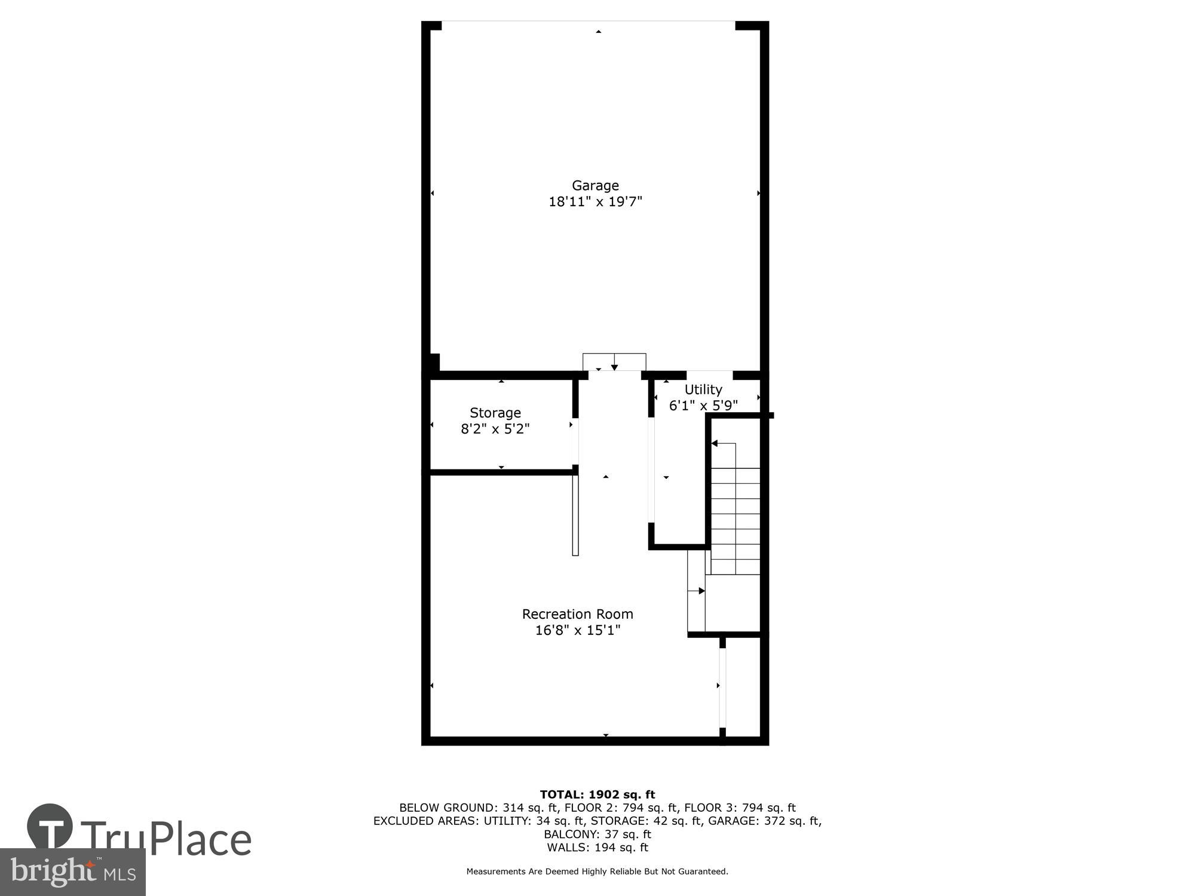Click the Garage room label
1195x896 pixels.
pos(595,186)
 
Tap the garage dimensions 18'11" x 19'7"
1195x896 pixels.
pos(595,202)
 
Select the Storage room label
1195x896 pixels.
pos(495,413)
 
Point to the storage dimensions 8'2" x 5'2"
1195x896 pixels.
pos(495,429)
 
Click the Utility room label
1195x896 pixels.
pos(703,389)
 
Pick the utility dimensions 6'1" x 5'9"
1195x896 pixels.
pos(703,406)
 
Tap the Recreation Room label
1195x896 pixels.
pos(577,614)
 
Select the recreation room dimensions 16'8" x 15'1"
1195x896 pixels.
pos(577,630)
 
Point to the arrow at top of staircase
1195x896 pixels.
pos(715,443)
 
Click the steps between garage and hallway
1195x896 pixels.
pos(614,362)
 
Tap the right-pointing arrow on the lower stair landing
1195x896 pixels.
pos(701,591)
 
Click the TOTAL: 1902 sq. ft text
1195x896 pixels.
pos(597,794)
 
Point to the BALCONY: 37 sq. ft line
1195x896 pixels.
pos(597,834)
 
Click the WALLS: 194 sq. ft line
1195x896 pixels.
pos(597,847)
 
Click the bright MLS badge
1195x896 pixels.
pos(72,872)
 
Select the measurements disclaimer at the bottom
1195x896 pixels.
pos(597,872)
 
